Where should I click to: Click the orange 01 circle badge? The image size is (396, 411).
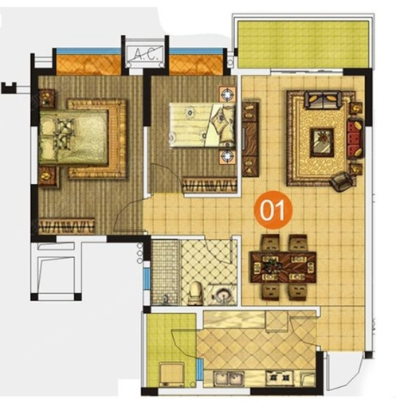[x=273, y=209]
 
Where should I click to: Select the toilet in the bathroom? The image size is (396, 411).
[x=195, y=293]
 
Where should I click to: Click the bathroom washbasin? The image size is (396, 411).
[x=222, y=294]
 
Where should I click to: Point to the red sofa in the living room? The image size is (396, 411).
[x=355, y=139]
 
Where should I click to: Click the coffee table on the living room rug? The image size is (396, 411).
[x=322, y=142]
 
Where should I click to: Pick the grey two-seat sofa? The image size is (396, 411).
[x=323, y=100]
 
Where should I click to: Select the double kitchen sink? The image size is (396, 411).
[x=229, y=378]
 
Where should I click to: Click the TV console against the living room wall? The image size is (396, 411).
[x=250, y=139]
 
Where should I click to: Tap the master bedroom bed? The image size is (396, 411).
[x=73, y=137]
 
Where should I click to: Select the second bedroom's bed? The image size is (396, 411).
[x=202, y=125]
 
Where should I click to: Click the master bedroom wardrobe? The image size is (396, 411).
[x=66, y=226]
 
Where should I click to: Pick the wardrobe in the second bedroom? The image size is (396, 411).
[x=210, y=185]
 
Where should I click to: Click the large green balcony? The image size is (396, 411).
[x=303, y=45]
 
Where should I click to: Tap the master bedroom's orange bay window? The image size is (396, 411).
[x=88, y=65]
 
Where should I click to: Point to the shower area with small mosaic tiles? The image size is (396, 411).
[x=166, y=272]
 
